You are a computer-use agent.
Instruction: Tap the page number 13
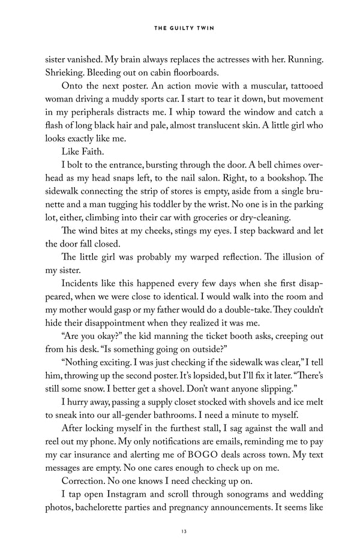[x=179, y=531]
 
